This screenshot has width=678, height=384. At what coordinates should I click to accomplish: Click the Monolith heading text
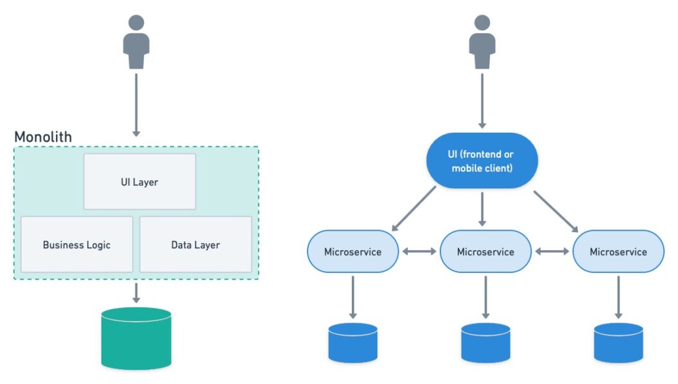[x=43, y=137]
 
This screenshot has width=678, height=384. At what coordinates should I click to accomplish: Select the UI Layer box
[x=139, y=181]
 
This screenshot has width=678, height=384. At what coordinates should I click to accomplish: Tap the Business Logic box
[x=76, y=244]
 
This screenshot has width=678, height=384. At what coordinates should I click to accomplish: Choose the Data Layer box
[x=195, y=244]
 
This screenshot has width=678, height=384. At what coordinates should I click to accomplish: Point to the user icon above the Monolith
[x=136, y=42]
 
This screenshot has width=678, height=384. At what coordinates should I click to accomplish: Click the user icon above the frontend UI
[x=482, y=42]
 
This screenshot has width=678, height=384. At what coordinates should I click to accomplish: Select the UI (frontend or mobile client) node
[x=482, y=161]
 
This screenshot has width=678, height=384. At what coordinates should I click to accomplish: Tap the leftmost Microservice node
[x=352, y=251]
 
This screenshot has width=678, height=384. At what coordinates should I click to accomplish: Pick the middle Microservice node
[x=485, y=251]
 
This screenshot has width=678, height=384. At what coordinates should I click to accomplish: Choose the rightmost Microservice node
[x=618, y=251]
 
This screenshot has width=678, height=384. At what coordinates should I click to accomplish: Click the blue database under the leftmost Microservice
[x=352, y=343]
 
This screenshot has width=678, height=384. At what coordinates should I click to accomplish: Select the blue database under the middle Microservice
[x=485, y=343]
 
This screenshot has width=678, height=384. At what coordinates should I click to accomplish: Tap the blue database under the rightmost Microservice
[x=618, y=343]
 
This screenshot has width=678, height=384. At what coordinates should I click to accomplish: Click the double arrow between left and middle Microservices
[x=419, y=252]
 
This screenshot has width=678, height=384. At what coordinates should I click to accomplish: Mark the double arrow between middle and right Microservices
[x=552, y=252]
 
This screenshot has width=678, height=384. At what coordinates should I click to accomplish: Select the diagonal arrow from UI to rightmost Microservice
[x=555, y=210]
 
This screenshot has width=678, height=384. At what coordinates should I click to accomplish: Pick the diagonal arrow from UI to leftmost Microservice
[x=413, y=208]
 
